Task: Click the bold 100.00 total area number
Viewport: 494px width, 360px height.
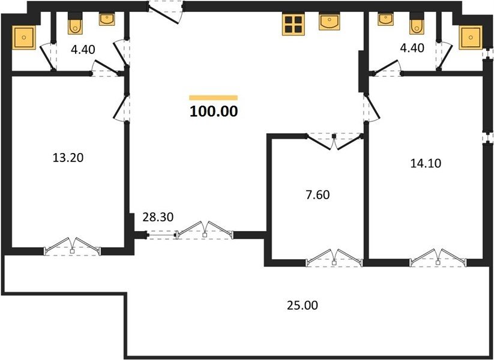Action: pos(214,111)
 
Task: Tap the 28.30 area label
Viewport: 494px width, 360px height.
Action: pos(158,217)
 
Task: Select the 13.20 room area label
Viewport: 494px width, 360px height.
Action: pos(68,157)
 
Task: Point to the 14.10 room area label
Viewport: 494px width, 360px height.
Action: pos(426,163)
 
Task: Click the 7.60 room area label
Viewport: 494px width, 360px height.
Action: pos(318,194)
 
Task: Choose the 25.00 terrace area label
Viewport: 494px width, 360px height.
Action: pos(303,305)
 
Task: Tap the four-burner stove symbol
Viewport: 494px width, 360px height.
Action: pos(294,25)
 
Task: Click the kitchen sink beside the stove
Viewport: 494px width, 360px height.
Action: pos(330,22)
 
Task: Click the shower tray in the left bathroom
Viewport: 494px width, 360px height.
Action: pos(24,37)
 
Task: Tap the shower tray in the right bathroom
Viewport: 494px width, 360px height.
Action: pos(471,37)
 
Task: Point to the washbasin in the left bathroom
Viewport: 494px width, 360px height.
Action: pos(107,19)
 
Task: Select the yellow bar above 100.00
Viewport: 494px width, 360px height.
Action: pos(213,98)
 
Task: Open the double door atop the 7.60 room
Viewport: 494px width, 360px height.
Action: pos(334,142)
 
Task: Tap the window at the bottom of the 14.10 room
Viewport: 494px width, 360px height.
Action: pos(438,257)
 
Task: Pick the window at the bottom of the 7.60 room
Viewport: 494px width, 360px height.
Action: pos(334,257)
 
